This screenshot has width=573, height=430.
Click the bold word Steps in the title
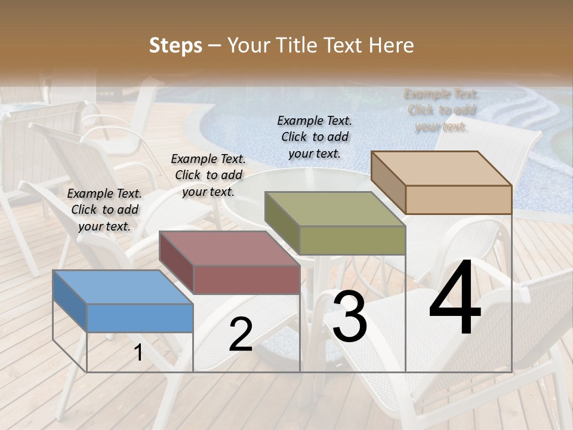pyautogui.click(x=175, y=45)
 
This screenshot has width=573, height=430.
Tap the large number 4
pyautogui.click(x=455, y=298)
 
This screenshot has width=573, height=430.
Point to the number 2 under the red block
pyautogui.click(x=241, y=334)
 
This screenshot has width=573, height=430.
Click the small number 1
pyautogui.click(x=138, y=353)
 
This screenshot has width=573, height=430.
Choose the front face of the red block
pyautogui.click(x=247, y=279)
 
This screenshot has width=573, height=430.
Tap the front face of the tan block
pyautogui.click(x=458, y=199)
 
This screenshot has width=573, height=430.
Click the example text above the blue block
pyautogui.click(x=104, y=210)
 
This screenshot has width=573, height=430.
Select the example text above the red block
pyautogui.click(x=208, y=175)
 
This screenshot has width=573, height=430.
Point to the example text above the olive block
pyautogui.click(x=315, y=137)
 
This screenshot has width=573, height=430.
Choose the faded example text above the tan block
pyautogui.click(x=441, y=110)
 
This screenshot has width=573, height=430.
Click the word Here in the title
pyautogui.click(x=392, y=45)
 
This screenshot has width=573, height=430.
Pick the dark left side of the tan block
pyautogui.click(x=388, y=182)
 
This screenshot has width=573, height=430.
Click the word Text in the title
pyautogui.click(x=344, y=45)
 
